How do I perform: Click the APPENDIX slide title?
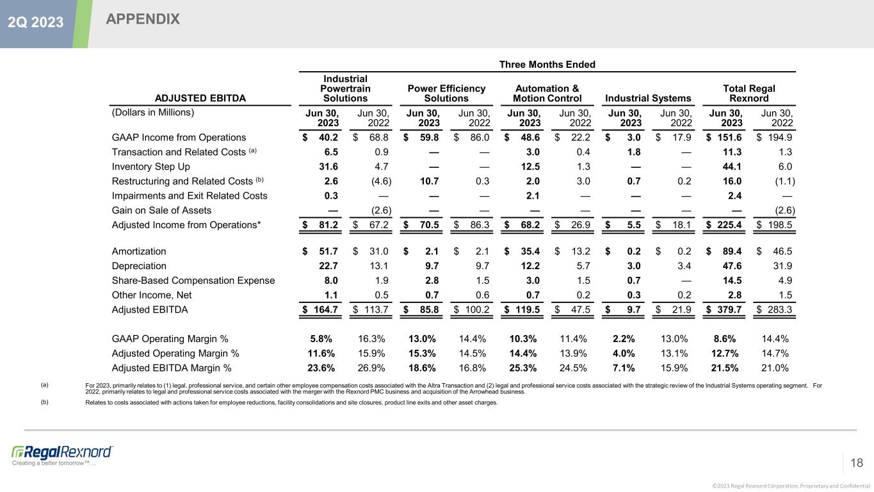pyautogui.click(x=143, y=19)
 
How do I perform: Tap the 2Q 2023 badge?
pyautogui.click(x=35, y=22)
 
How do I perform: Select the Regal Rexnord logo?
pyautogui.click(x=62, y=452)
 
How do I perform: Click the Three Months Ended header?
pyautogui.click(x=547, y=64)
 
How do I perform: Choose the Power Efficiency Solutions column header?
pyautogui.click(x=446, y=93)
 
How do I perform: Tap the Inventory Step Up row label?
pyautogui.click(x=150, y=167)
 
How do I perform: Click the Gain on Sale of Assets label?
pyautogui.click(x=161, y=210)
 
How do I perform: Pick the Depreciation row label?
pyautogui.click(x=139, y=266)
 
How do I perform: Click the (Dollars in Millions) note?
pyautogui.click(x=152, y=111)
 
